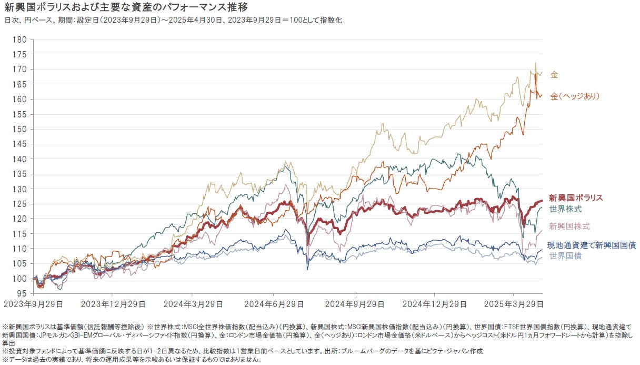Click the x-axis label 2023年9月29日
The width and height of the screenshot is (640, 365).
tap(34, 304)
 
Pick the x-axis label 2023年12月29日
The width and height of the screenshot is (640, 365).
tap(113, 304)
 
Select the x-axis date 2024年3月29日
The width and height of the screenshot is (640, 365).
tap(193, 304)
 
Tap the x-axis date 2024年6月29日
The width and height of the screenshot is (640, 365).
tap(274, 304)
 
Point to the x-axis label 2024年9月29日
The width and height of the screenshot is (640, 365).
tap(354, 304)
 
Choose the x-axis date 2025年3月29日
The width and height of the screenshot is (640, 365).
tap(514, 304)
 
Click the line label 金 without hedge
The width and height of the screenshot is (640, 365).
tap(554, 75)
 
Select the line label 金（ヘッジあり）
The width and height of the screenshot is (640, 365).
tap(575, 96)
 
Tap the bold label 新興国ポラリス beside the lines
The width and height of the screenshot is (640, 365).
tap(576, 198)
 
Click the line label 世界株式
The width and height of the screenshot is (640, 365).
tap(565, 209)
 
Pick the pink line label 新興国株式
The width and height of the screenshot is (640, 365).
tap(569, 226)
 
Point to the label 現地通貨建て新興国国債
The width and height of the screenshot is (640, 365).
tap(592, 245)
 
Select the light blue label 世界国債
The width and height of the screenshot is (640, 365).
tap(565, 256)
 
